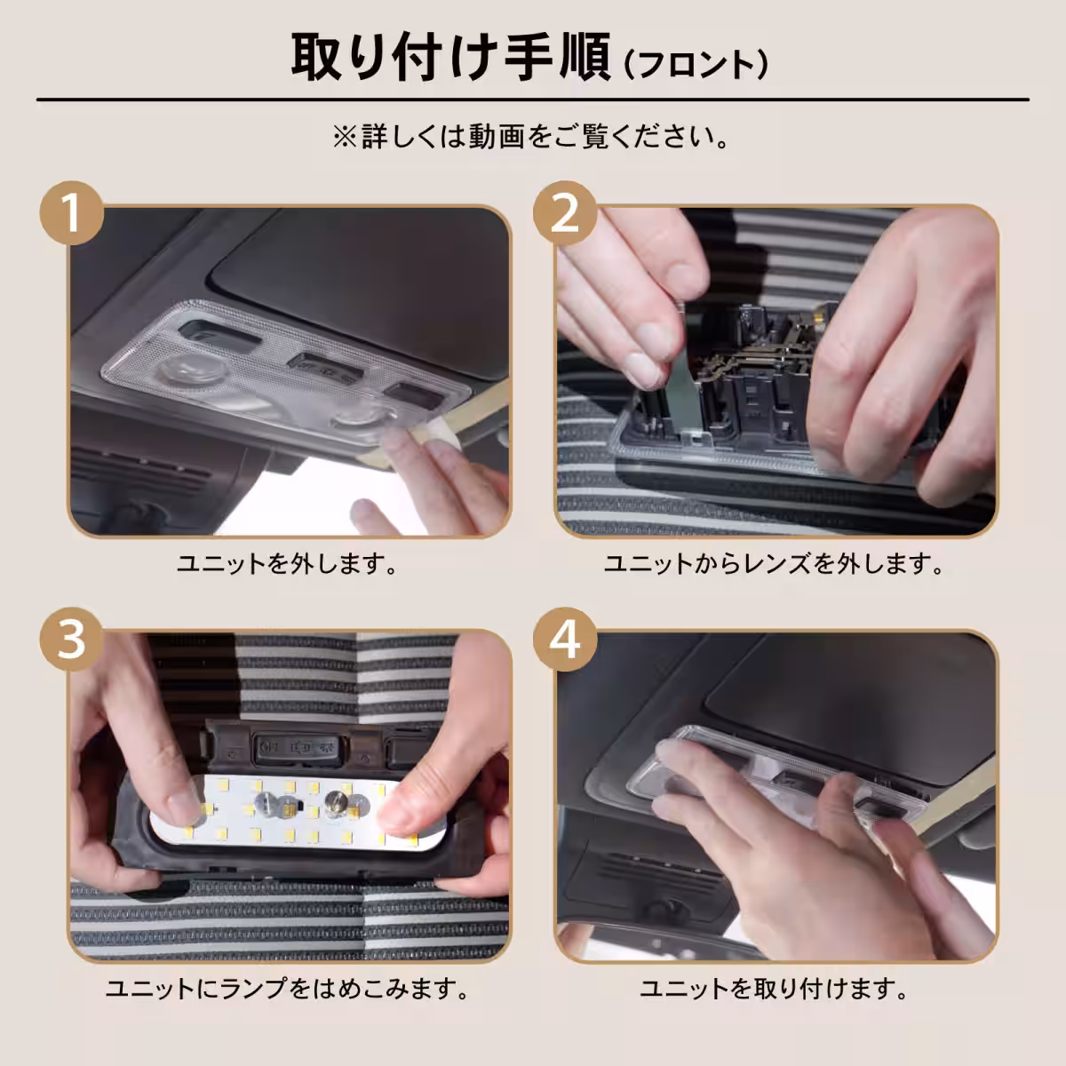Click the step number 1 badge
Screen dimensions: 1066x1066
tap(72, 213)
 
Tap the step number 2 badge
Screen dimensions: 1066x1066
tap(565, 213)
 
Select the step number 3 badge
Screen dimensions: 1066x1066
tap(72, 640)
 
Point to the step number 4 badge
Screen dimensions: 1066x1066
tap(565, 640)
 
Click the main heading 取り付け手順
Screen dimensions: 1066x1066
tap(451, 58)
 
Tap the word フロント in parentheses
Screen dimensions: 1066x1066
tap(696, 65)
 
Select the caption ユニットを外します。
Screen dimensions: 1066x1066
tap(287, 564)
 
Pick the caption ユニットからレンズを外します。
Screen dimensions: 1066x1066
tap(774, 564)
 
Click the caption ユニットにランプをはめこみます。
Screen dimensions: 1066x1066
tap(287, 989)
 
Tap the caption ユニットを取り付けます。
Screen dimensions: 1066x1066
tap(774, 989)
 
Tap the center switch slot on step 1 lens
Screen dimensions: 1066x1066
tap(323, 368)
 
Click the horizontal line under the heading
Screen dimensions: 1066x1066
tap(532, 99)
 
